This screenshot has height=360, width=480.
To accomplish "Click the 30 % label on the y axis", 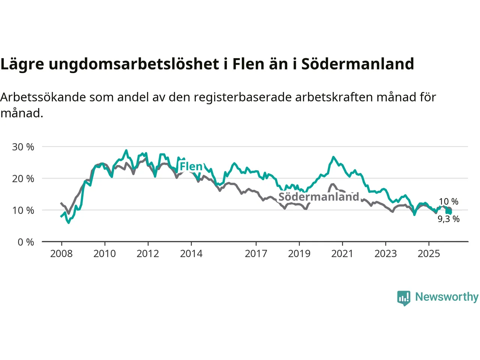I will [x=23, y=147].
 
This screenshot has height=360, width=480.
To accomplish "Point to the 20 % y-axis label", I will [x=23, y=178].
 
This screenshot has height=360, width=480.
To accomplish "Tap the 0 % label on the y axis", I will [x=25, y=242].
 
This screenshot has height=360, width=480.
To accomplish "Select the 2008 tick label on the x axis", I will [x=61, y=254].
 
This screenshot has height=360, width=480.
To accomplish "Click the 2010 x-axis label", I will [x=105, y=254].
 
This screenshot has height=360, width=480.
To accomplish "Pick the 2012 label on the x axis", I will [x=148, y=254].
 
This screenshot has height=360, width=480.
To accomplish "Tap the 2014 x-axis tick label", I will [x=191, y=254].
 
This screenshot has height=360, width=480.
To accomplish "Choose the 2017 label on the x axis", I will [x=256, y=254].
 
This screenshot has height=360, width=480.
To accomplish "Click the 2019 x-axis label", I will [x=299, y=254].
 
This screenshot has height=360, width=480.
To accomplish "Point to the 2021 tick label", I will [x=342, y=254].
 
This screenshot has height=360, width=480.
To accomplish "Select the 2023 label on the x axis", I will [x=385, y=254].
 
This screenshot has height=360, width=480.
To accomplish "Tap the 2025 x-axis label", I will [x=429, y=254].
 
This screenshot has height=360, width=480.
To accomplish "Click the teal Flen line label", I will [x=191, y=166].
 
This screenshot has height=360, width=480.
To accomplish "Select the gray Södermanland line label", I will [x=319, y=197].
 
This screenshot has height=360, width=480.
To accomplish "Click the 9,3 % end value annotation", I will [x=448, y=219].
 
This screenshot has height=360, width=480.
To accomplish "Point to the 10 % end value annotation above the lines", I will [x=448, y=202].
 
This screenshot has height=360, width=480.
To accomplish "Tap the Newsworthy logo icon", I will [x=403, y=298].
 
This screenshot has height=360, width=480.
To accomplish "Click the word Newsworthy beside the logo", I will [x=447, y=297].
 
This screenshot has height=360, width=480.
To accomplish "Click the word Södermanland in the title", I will [x=357, y=64].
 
